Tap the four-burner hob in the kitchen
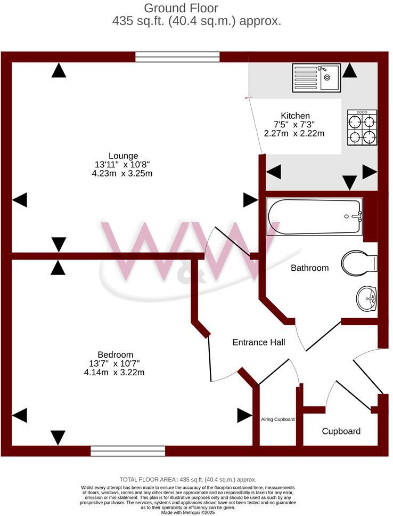coord(362,128)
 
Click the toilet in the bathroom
coord(359,263)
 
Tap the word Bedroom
coord(115,354)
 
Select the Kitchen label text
coord(295,116)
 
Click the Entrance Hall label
coord(259,342)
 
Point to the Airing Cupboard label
coord(277,420)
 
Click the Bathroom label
coord(309,268)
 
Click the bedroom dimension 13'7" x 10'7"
coord(115,364)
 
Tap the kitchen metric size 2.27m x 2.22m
coord(294,134)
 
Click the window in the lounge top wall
coord(177,57)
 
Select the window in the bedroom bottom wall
coord(128,451)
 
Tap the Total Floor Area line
coord(188,479)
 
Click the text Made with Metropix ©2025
coord(189,512)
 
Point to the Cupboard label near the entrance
coord(341,431)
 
